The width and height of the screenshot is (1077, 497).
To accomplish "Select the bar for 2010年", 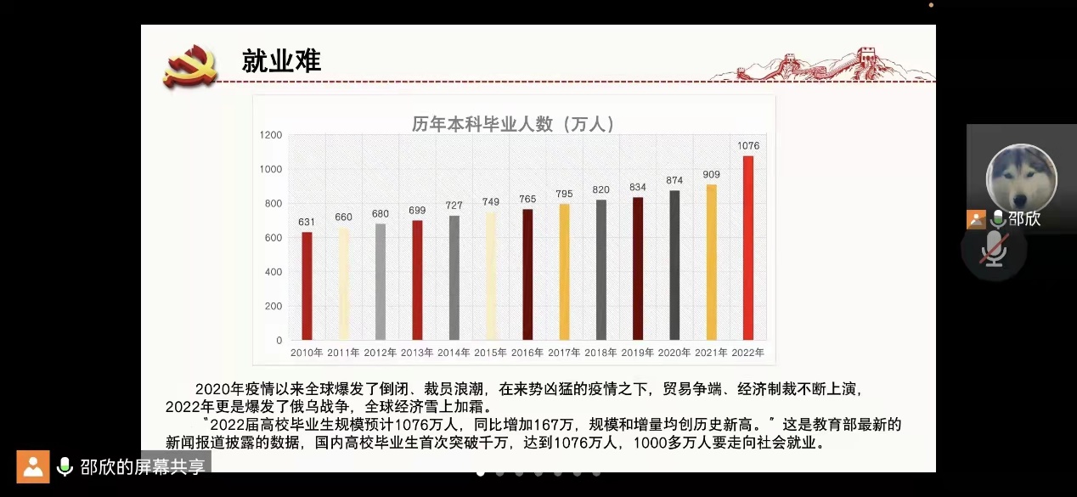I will click(x=307, y=285).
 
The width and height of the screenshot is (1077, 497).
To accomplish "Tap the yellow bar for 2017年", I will click(x=564, y=272).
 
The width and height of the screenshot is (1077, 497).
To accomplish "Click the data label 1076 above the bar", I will click(x=748, y=146).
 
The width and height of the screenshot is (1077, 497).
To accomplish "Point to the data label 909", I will click(x=711, y=175).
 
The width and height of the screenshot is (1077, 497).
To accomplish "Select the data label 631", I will click(x=307, y=223).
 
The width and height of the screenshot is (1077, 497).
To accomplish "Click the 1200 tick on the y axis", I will click(x=272, y=135).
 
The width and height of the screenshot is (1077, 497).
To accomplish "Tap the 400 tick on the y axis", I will click(x=273, y=272).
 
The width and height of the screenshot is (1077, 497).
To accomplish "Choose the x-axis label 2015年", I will click(x=490, y=353).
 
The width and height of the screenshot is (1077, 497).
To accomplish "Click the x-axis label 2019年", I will click(x=637, y=353).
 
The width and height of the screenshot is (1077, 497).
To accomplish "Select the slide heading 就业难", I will click(x=281, y=61).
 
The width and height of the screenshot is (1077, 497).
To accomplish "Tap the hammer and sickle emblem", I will click(x=189, y=65).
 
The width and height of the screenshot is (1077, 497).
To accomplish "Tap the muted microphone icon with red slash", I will click(x=994, y=249).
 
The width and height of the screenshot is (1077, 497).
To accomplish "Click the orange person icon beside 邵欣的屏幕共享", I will click(x=33, y=466).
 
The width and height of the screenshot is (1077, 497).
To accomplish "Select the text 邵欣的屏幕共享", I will click(x=143, y=466).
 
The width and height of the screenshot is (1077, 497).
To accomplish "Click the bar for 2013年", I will click(x=417, y=280).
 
